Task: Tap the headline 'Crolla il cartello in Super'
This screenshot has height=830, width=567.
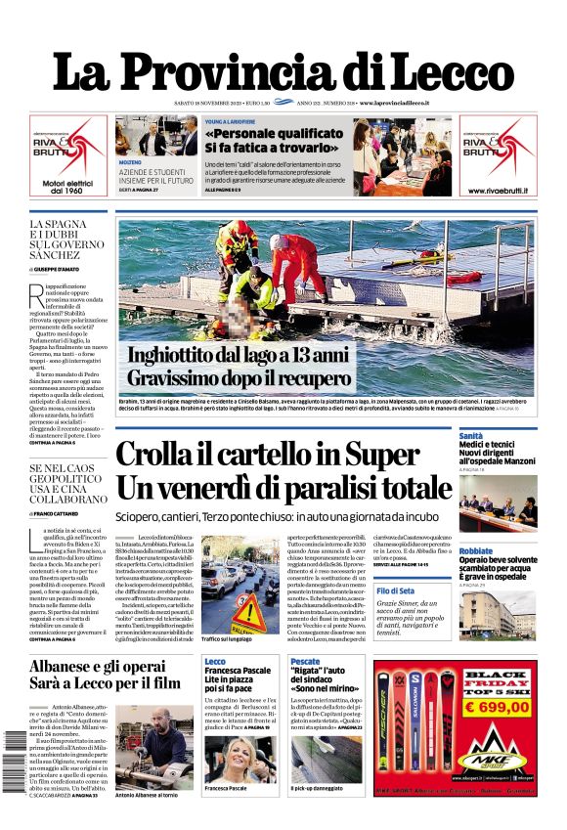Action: (x=284, y=456)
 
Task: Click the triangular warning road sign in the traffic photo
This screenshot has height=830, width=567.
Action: (x=247, y=614)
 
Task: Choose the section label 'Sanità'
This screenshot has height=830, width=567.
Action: (x=471, y=435)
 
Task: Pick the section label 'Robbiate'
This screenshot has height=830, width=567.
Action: (x=476, y=550)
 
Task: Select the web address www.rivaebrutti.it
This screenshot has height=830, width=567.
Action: (x=498, y=190)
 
